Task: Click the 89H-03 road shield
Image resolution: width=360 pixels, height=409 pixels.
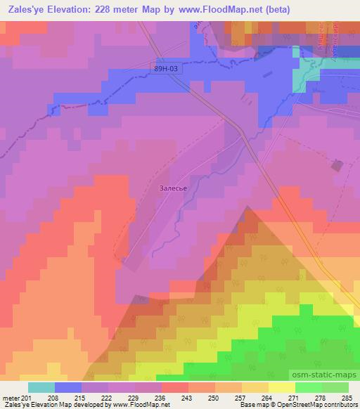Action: pyautogui.click(x=166, y=69)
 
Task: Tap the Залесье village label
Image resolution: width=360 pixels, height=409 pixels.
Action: pyautogui.click(x=172, y=189)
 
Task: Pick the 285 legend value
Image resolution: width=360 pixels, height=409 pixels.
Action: pyautogui.click(x=347, y=397)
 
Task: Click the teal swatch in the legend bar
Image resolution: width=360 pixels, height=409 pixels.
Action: pyautogui.click(x=41, y=387)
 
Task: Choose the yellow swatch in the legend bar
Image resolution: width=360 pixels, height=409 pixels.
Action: pyautogui.click(x=282, y=387)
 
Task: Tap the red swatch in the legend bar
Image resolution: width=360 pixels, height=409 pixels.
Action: pyautogui.click(x=175, y=387)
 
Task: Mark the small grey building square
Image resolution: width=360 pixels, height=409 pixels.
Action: pyautogui.click(x=337, y=166)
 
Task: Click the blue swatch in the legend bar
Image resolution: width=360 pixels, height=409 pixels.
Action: pyautogui.click(x=68, y=387)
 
